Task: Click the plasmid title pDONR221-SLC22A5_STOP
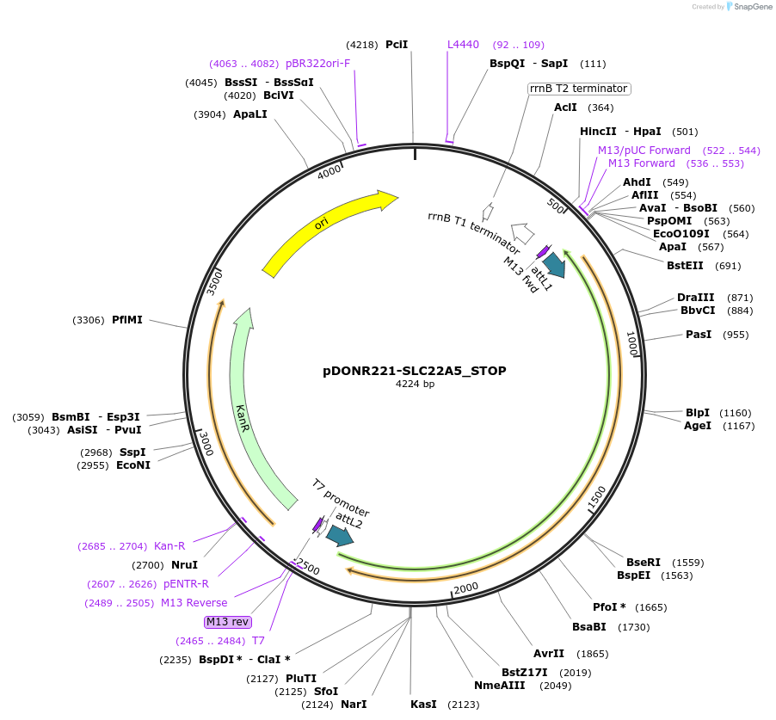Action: click(x=415, y=372)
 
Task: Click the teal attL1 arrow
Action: click(x=554, y=264)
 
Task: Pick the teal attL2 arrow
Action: click(x=340, y=536)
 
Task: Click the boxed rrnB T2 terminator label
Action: click(x=579, y=89)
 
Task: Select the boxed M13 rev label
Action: click(x=227, y=622)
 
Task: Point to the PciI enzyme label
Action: click(x=397, y=44)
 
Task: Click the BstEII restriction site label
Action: click(x=686, y=265)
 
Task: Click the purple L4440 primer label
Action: click(x=464, y=44)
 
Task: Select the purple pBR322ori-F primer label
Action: click(x=318, y=63)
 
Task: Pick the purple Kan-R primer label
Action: click(x=169, y=545)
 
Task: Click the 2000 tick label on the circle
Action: click(x=465, y=588)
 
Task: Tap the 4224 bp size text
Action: click(x=415, y=385)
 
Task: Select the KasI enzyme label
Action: click(x=423, y=705)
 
